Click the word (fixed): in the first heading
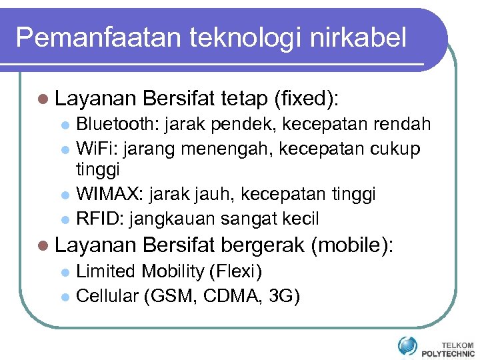click(x=306, y=99)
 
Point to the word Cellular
click(x=107, y=295)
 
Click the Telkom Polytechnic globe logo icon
click(x=407, y=345)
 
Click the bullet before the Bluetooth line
click(x=65, y=125)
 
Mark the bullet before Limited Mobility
click(x=65, y=272)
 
